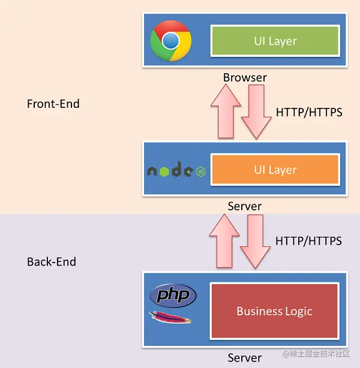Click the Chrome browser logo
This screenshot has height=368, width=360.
coord(171,41)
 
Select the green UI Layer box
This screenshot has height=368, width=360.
coord(275,41)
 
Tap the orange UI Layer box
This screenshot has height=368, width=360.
coord(275,170)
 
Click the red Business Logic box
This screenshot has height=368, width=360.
coord(274,311)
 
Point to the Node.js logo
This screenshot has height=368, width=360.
coord(177,171)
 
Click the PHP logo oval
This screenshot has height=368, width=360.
coord(173,295)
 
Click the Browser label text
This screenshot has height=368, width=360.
coord(245,77)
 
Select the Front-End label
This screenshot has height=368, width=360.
coord(53,104)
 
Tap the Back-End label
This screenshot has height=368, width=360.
coord(52,262)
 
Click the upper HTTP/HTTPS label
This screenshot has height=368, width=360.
coord(309,111)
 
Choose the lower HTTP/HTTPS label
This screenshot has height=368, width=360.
coord(308,240)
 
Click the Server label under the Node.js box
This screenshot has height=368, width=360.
coord(245,206)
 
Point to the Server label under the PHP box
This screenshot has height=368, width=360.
coord(245,358)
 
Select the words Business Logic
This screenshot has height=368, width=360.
coord(274,311)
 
